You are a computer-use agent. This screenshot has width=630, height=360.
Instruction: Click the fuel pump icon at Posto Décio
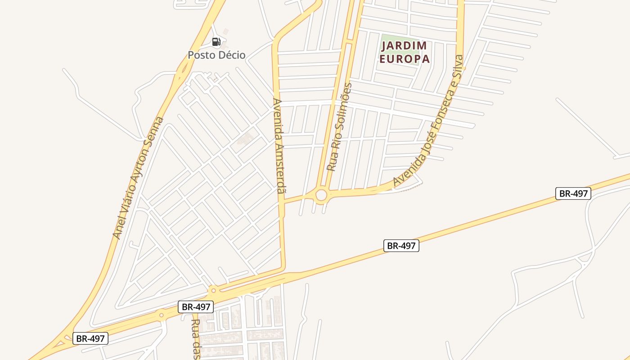216,42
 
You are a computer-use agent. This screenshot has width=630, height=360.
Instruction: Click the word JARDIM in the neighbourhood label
404,46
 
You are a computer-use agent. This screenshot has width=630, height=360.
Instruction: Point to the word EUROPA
404,59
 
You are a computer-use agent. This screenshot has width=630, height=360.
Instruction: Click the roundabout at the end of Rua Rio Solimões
321,195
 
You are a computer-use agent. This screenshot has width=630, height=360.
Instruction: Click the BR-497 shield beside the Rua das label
195,307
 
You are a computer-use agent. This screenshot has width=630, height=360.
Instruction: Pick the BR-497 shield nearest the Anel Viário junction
90,338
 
